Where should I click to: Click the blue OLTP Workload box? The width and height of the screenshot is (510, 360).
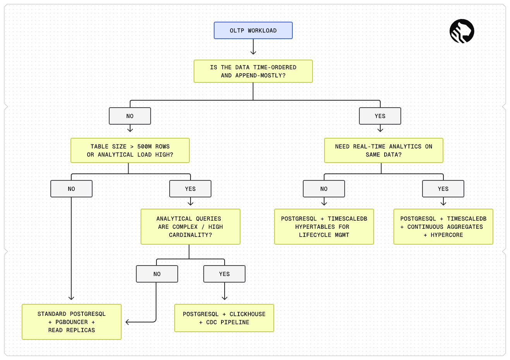[253, 31]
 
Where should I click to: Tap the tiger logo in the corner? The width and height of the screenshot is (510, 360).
[462, 31]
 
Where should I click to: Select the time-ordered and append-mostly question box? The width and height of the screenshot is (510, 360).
[253, 71]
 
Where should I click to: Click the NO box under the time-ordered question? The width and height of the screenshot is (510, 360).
[130, 116]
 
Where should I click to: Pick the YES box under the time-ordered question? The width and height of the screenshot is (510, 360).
[380, 116]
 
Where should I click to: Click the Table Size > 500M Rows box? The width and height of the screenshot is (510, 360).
[130, 151]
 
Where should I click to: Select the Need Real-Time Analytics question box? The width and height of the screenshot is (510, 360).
[384, 151]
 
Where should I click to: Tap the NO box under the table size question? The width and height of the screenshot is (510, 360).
[71, 189]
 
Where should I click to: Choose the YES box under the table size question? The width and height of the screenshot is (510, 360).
[190, 189]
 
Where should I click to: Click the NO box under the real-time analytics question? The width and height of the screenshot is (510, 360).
[324, 189]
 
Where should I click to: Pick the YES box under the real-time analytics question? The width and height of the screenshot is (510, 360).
[443, 189]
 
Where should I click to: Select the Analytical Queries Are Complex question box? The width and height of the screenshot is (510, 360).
[191, 227]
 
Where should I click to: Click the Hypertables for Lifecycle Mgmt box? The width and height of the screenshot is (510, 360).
[324, 227]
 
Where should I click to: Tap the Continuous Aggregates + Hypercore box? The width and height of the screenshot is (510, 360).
[443, 227]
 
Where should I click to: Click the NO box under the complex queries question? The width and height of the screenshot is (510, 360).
[157, 274]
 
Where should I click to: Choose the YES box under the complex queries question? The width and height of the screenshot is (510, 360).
[224, 274]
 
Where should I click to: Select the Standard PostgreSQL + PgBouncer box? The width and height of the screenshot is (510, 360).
[72, 322]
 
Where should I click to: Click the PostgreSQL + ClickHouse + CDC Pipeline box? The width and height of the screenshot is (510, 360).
[224, 318]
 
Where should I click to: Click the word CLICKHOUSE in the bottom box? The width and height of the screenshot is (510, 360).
[247, 314]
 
